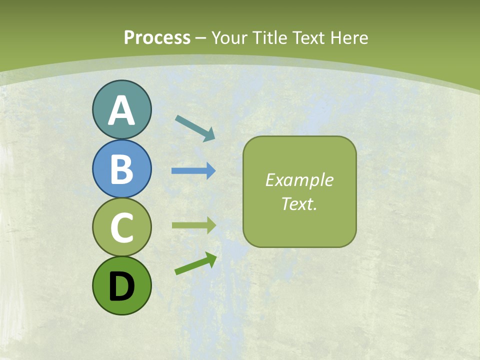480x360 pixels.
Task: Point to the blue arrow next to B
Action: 193,171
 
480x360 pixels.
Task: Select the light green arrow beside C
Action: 193,225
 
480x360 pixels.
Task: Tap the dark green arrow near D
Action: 195,264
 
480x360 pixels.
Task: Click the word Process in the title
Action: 157,38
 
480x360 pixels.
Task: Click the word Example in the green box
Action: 299,180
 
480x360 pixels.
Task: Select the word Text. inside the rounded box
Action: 299,203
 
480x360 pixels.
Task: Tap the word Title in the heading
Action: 267,38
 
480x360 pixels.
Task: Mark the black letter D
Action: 121,287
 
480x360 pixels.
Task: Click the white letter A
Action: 121,111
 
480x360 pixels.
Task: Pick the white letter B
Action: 121,169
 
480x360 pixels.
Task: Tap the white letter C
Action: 121,227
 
